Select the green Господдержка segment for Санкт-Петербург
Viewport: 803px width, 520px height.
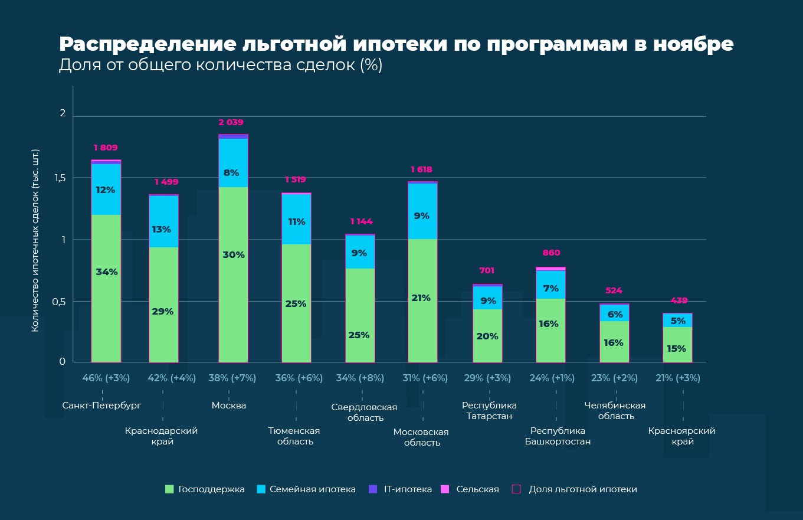pos(106,288)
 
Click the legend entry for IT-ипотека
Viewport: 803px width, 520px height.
pos(401,489)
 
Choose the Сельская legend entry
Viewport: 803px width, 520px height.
pos(470,489)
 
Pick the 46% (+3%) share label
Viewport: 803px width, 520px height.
pos(106,378)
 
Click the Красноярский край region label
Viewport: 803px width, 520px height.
pos(681,436)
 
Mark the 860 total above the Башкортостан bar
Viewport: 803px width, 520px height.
pos(551,253)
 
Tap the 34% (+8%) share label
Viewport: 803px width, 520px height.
pos(360,378)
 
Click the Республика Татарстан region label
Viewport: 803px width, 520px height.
pos(489,411)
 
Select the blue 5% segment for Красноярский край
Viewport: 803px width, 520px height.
pos(677,320)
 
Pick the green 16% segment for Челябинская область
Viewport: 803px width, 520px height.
pos(614,342)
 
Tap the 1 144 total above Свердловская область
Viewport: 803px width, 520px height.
pos(361,221)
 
